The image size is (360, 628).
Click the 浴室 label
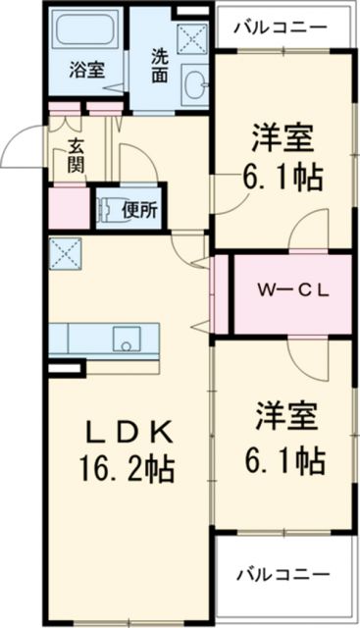click(86, 70)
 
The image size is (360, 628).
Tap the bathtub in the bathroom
click(86, 33)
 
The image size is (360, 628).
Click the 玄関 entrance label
click(76, 155)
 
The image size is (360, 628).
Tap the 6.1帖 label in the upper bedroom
click(283, 181)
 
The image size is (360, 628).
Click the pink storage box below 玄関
click(68, 207)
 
